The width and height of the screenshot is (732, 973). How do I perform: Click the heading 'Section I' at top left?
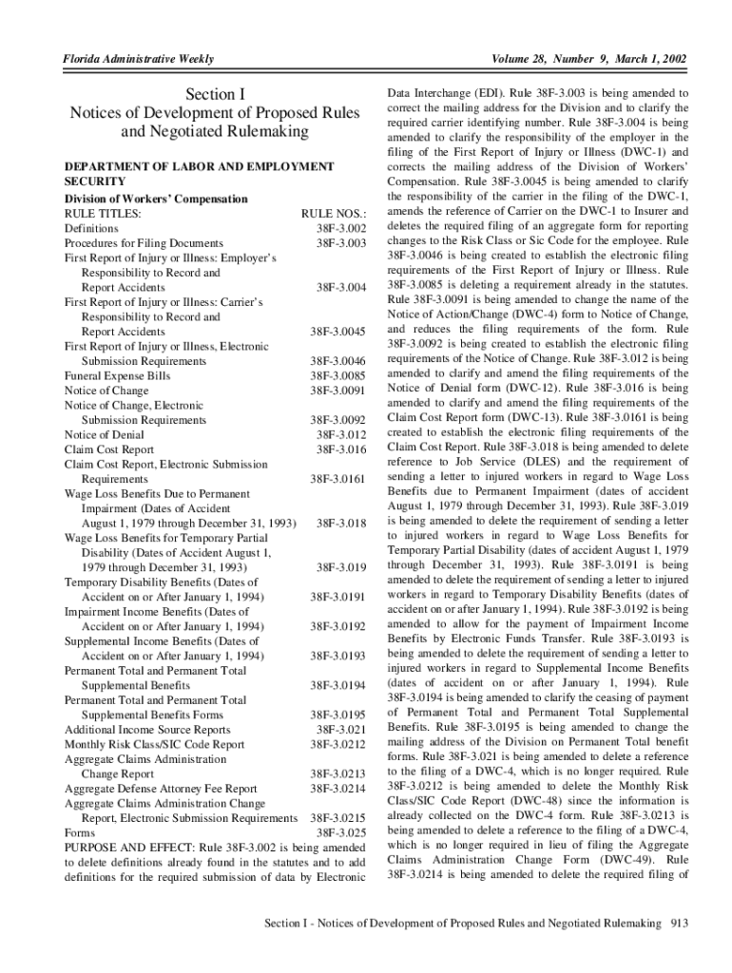point(215,94)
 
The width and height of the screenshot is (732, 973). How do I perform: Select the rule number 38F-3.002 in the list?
point(341,229)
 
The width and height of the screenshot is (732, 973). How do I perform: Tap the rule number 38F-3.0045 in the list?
point(338,332)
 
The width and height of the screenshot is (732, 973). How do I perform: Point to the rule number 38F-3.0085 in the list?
point(338,376)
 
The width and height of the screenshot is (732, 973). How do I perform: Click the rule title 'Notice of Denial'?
point(105,435)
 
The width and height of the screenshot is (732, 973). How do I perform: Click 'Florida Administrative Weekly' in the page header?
point(138,61)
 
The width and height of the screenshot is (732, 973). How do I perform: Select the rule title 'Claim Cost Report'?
point(108,449)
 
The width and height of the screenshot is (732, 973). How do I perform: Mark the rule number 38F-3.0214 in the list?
point(338,789)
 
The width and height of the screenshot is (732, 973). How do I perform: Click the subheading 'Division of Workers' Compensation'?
point(155,199)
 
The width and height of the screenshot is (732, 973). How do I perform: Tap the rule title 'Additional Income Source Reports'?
point(147,730)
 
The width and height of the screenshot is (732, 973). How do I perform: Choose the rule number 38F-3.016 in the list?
point(341,449)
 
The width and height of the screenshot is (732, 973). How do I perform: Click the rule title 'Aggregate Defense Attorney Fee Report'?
point(161,789)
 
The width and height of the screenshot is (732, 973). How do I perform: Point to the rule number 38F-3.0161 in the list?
point(338,479)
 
